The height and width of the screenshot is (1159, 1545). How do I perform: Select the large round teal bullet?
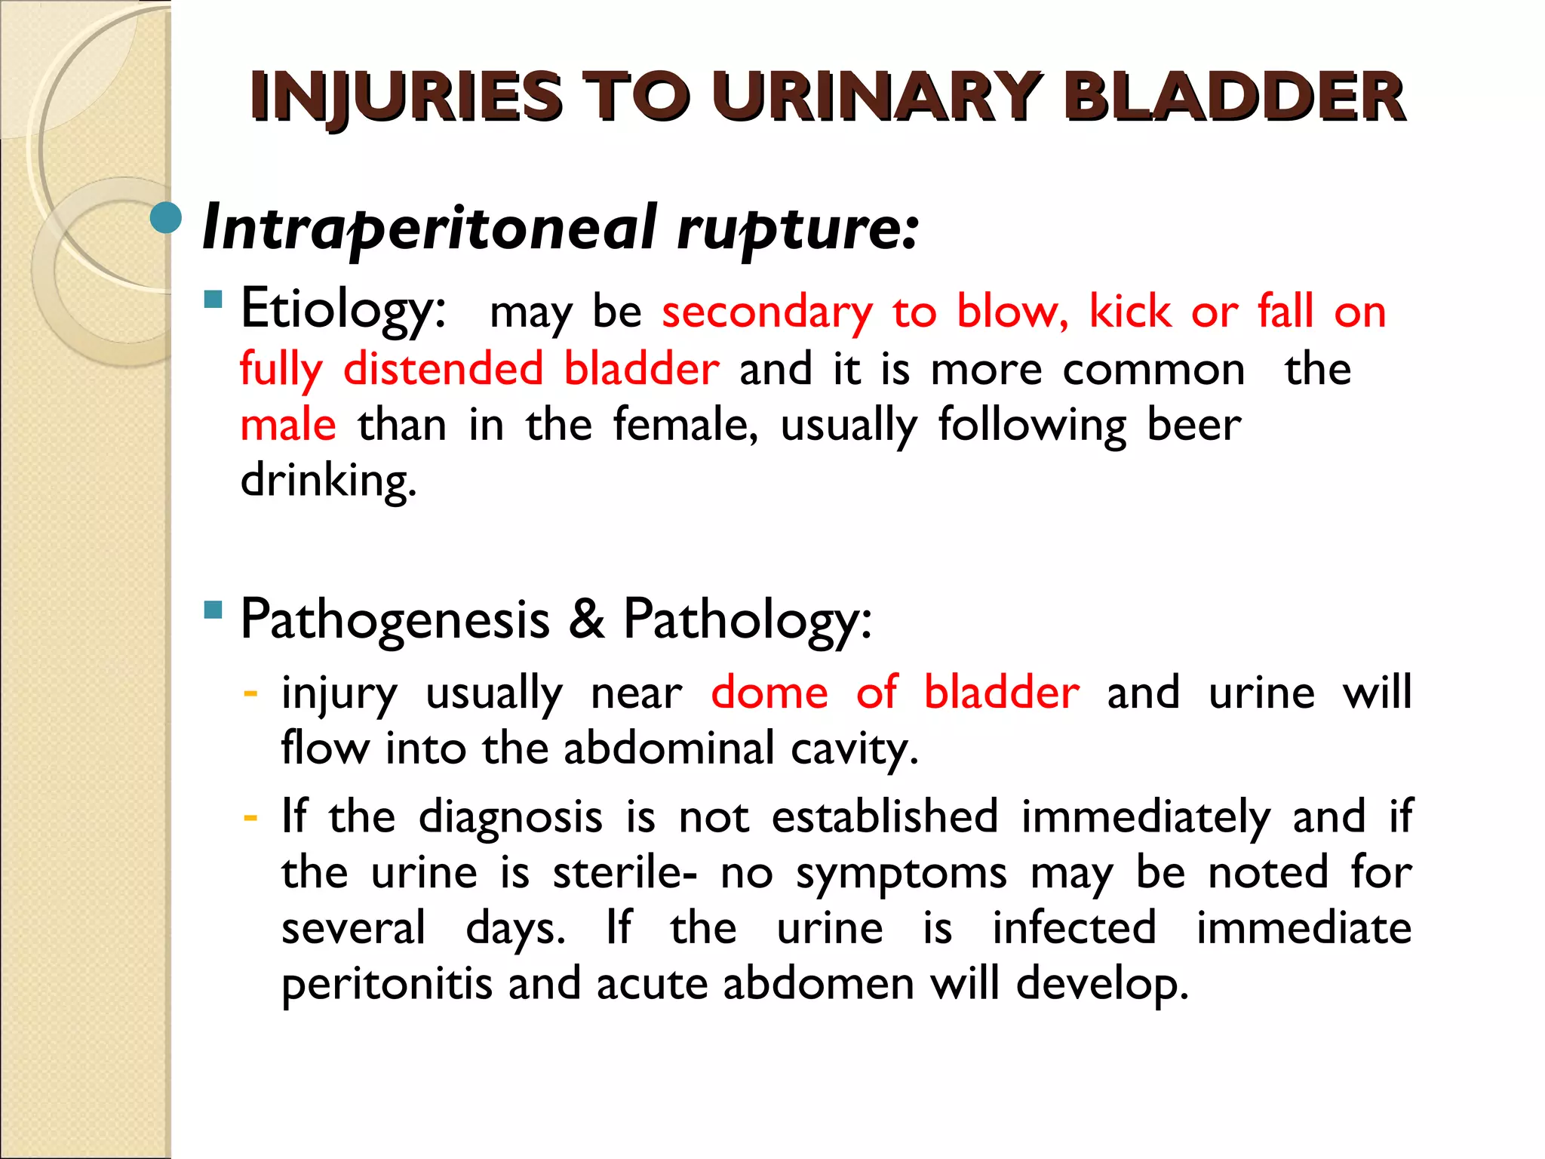pyautogui.click(x=166, y=218)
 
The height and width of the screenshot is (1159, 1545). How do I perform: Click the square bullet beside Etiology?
pyautogui.click(x=213, y=300)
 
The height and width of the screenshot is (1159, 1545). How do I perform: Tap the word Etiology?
pyautogui.click(x=343, y=310)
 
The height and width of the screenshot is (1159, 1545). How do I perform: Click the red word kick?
pyautogui.click(x=1129, y=310)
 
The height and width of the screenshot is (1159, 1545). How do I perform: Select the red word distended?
pyautogui.click(x=443, y=369)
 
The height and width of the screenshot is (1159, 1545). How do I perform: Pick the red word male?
pyautogui.click(x=287, y=425)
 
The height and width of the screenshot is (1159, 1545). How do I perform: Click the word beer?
pyautogui.click(x=1193, y=425)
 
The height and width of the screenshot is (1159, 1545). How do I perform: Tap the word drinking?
pyautogui.click(x=328, y=481)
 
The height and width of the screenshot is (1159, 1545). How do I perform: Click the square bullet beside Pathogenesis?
pyautogui.click(x=213, y=610)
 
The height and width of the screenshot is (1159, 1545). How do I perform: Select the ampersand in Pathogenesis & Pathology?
pyautogui.click(x=586, y=619)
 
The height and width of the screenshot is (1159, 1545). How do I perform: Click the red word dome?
pyautogui.click(x=769, y=693)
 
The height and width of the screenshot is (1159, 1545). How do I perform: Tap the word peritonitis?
pyautogui.click(x=387, y=984)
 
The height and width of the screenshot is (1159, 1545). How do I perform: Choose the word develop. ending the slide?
pyautogui.click(x=1102, y=984)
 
